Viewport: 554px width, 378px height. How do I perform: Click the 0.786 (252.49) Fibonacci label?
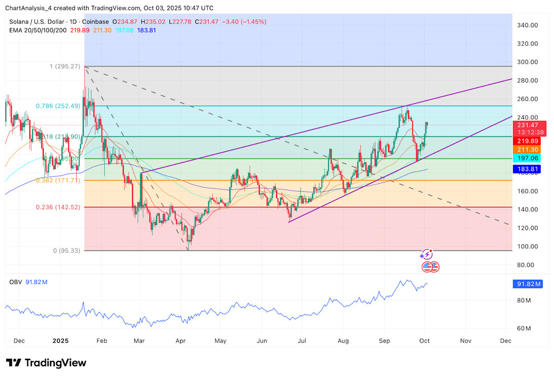click(58, 106)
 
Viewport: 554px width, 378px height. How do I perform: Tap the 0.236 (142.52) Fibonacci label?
click(58, 207)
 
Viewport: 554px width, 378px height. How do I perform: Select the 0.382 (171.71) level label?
click(58, 180)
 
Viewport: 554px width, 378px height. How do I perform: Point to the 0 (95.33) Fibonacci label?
click(63, 251)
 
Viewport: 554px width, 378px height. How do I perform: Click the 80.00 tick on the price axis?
click(526, 265)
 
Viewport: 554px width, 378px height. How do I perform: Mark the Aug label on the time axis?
click(343, 341)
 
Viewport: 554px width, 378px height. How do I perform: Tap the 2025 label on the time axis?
click(60, 341)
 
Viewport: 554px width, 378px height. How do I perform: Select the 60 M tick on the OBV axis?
click(524, 328)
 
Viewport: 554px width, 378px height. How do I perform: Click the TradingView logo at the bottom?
click(46, 363)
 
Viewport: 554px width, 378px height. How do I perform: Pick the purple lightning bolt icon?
click(427, 254)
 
